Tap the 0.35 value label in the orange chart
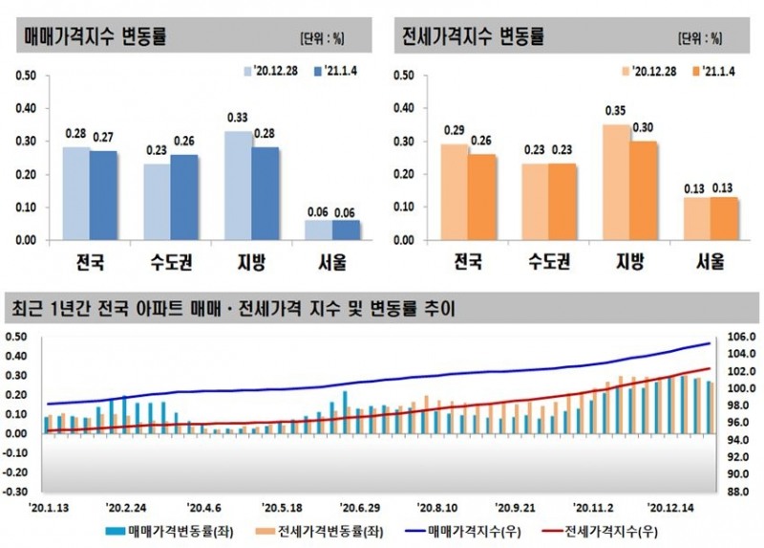click(x=615, y=110)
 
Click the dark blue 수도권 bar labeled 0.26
click(x=184, y=196)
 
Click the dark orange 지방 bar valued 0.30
click(x=645, y=190)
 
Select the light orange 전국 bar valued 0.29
click(x=455, y=191)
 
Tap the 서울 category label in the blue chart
click(x=332, y=262)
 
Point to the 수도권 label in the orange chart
click(x=549, y=262)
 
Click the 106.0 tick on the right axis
click(x=740, y=337)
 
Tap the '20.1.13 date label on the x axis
click(x=50, y=508)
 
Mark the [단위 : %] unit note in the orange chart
click(x=700, y=38)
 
